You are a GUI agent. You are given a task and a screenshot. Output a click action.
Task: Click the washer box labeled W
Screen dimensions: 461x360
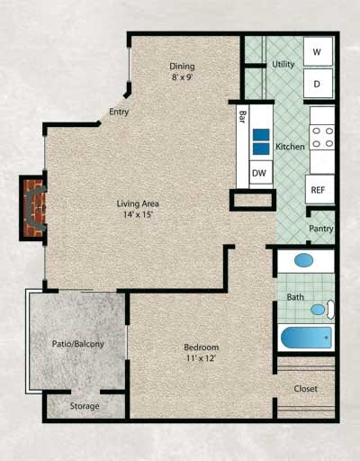(318, 52)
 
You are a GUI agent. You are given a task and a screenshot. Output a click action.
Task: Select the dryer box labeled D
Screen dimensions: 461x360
(318, 84)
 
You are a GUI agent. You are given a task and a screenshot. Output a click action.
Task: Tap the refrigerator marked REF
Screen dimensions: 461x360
(318, 190)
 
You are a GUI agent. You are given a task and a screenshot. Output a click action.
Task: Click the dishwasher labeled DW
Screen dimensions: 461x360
(259, 173)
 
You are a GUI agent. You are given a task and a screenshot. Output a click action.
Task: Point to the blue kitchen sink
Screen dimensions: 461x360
(260, 142)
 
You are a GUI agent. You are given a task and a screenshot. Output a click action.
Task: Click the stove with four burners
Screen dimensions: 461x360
(322, 138)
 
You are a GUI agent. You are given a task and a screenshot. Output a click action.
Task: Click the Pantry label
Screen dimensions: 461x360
(321, 229)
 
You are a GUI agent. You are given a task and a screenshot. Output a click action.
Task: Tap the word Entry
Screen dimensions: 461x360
(118, 113)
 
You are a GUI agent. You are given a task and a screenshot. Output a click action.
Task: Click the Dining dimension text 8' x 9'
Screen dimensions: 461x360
(183, 77)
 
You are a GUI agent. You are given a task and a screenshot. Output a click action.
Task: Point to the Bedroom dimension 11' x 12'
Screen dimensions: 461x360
(201, 359)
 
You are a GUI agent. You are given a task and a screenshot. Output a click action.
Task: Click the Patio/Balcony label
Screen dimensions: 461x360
(77, 344)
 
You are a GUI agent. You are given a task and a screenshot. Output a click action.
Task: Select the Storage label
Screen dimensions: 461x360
(85, 406)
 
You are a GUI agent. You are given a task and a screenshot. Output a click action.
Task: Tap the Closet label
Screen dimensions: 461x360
(306, 389)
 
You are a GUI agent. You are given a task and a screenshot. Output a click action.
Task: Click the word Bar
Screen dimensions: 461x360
(244, 116)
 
